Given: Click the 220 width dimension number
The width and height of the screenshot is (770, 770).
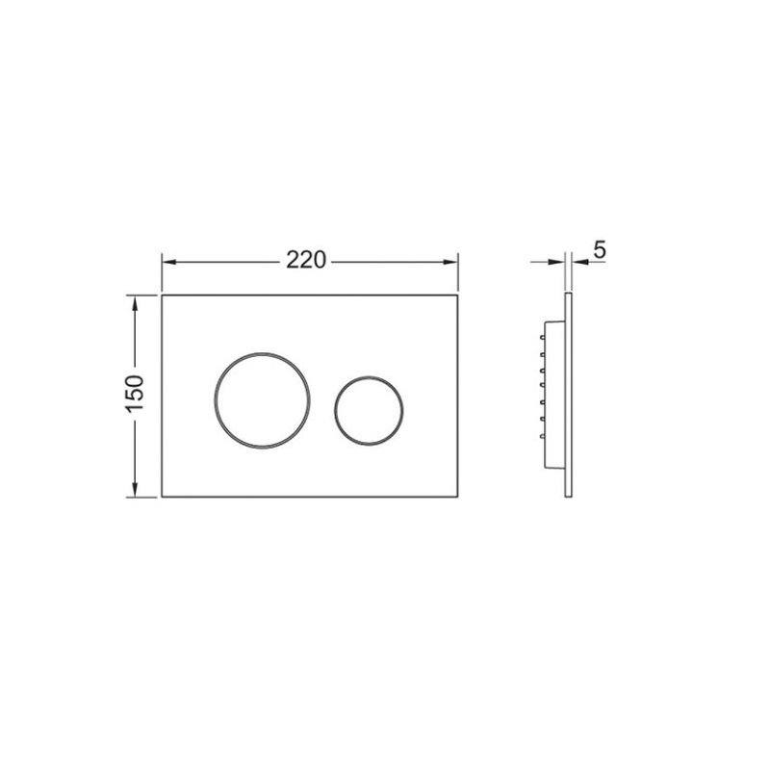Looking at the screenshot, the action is click(306, 260).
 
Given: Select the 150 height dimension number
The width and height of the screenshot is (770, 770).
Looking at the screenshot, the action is click(134, 394).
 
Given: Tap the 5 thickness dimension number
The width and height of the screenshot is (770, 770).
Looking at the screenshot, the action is click(600, 250).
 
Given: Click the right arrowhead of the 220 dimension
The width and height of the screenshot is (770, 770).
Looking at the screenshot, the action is click(450, 262).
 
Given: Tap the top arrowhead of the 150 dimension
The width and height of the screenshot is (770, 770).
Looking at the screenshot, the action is click(135, 303).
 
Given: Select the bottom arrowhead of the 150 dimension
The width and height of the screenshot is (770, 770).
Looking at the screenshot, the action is click(135, 489).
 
